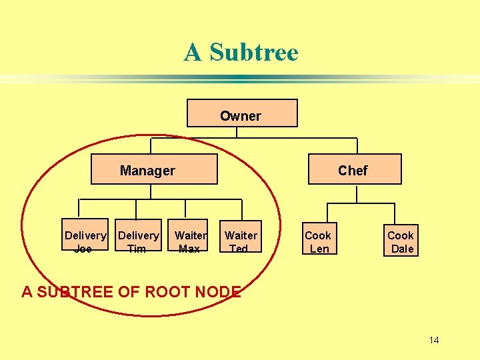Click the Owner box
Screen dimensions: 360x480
coord(241,113)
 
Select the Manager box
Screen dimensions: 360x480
coord(154,169)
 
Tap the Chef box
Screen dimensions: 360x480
coord(354,169)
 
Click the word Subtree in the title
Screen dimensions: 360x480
coord(253,52)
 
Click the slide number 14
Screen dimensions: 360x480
coord(434,341)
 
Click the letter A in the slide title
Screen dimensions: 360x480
coord(193,52)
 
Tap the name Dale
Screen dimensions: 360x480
coord(402,249)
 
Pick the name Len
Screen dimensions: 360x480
coord(319,249)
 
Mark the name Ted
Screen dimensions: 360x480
coord(238,249)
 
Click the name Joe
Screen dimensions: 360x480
coord(83,249)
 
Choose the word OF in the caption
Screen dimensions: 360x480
coord(128,291)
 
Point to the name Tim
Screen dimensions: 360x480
coord(136,249)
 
